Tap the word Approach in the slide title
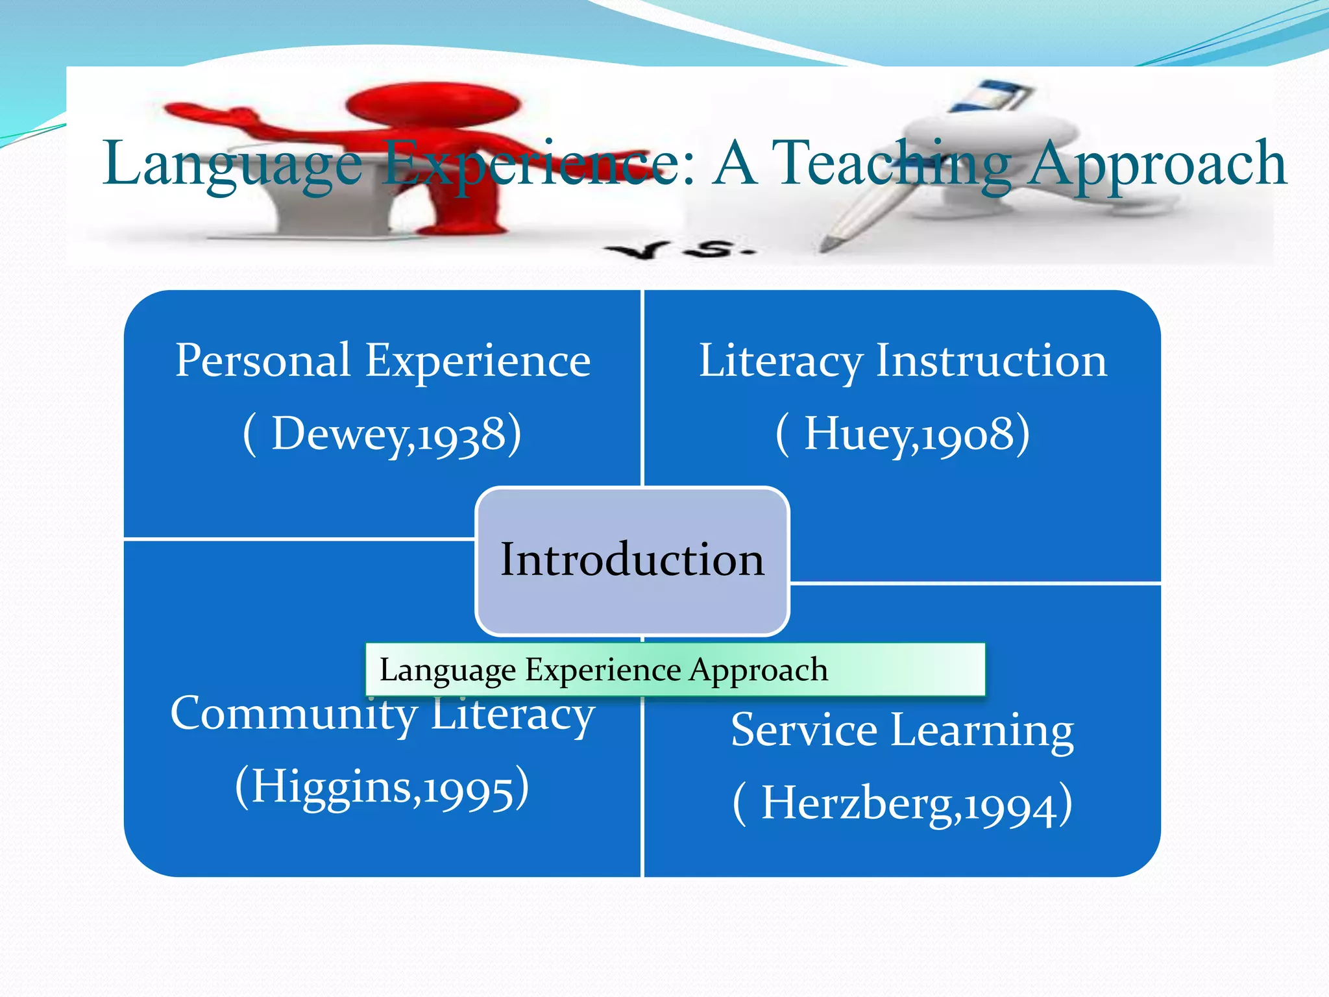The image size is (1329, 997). (1158, 165)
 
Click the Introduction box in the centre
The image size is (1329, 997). (632, 560)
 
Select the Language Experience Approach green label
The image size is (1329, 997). (675, 670)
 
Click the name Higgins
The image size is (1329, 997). (331, 787)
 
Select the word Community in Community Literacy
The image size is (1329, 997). (293, 714)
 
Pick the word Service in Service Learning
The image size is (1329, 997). (805, 730)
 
